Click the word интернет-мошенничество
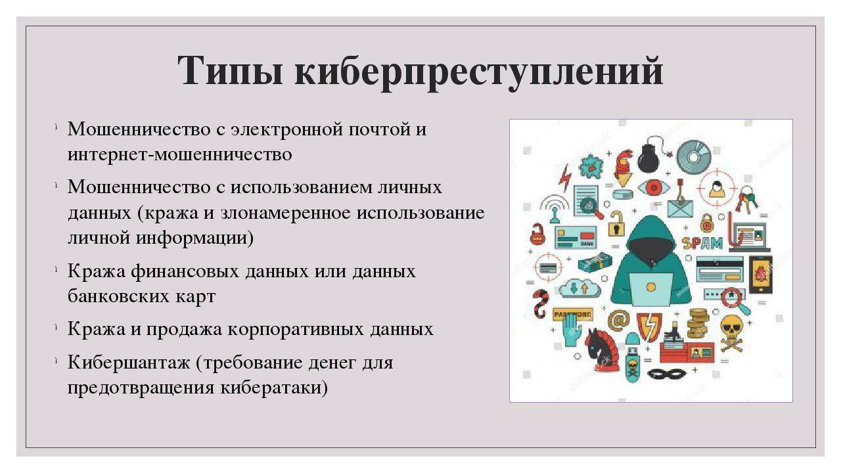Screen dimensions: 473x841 (x=179, y=154)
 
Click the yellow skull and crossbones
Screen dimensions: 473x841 (x=731, y=329)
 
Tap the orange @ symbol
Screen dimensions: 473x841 (x=618, y=320)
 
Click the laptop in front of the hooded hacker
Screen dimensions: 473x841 (x=650, y=288)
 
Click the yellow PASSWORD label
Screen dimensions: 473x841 (x=572, y=314)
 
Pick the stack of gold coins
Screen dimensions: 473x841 (x=697, y=323)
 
